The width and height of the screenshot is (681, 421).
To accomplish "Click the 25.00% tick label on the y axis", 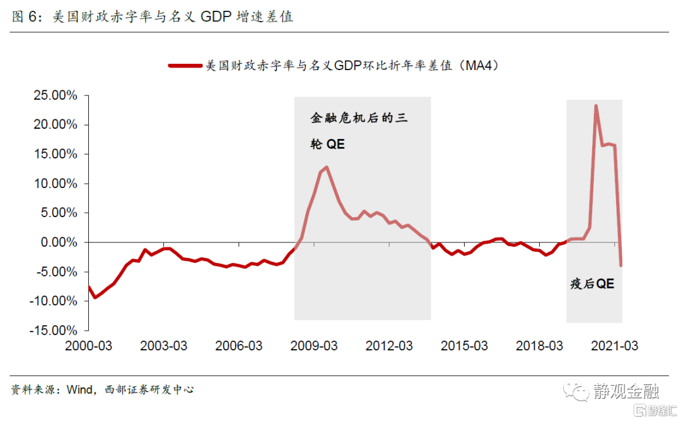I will (55, 96).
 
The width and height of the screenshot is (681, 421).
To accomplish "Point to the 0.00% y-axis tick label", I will (58, 242).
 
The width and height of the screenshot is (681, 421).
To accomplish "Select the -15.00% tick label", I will (53, 330).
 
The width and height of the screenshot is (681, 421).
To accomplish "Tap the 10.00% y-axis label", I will (55, 184).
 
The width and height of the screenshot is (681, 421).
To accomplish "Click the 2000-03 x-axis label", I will (88, 346).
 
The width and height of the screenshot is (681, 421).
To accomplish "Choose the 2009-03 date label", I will (313, 346).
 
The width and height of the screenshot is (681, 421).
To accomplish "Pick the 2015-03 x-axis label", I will (463, 346).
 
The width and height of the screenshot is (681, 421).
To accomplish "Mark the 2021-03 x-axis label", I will (614, 346).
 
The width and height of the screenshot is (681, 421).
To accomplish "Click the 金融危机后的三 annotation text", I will (360, 118).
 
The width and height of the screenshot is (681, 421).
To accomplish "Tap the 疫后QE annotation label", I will (591, 284).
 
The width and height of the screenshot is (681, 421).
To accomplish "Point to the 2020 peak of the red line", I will (596, 106).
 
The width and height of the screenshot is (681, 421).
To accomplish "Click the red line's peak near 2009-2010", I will (327, 167).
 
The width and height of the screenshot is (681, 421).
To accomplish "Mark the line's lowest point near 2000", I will (95, 297).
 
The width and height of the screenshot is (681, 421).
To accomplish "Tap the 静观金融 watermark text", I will (626, 392).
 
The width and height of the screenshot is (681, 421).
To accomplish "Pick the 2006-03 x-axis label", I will (238, 346).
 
